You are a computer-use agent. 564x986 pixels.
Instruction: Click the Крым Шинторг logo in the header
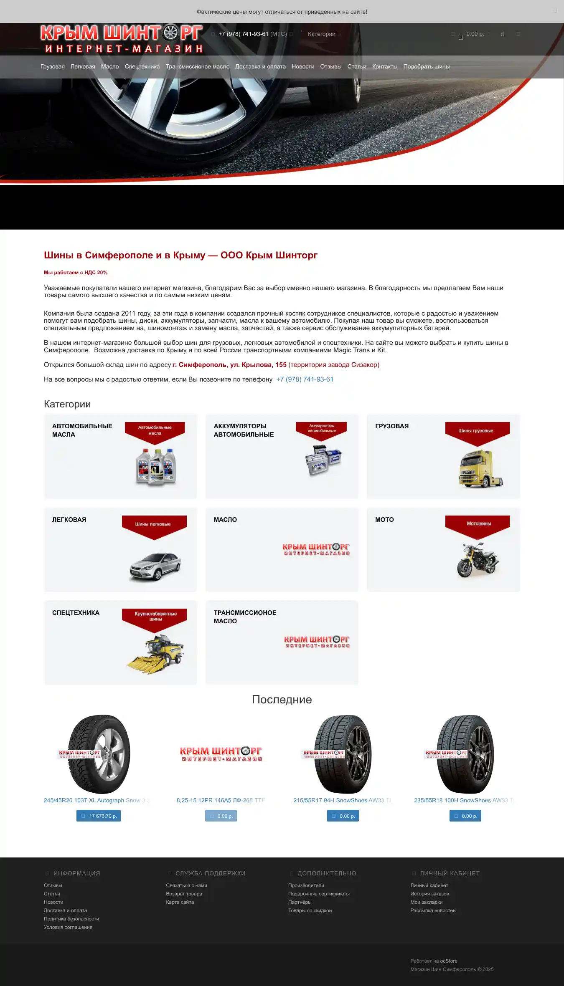(x=122, y=39)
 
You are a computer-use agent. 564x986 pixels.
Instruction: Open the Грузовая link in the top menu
(x=53, y=67)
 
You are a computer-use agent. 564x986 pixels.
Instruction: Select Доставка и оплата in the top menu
(x=260, y=67)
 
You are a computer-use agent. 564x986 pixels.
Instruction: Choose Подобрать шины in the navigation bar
(x=426, y=67)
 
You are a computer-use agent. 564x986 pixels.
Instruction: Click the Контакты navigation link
(x=384, y=67)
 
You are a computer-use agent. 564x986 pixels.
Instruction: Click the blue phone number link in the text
(x=305, y=379)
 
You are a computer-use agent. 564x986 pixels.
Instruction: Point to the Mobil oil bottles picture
(x=155, y=467)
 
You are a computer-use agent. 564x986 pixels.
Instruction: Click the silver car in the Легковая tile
(x=155, y=566)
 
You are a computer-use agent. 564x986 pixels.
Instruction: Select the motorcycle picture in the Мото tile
(x=478, y=560)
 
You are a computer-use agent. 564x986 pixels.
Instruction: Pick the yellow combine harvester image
(x=155, y=653)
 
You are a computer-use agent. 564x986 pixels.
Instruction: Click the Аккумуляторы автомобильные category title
(x=244, y=430)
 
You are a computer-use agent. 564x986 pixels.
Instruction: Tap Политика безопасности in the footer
(x=71, y=919)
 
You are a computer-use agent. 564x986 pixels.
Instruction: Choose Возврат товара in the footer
(x=184, y=894)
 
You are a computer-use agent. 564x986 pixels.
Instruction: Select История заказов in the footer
(x=429, y=894)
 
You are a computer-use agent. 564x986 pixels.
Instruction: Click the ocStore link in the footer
(x=449, y=961)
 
